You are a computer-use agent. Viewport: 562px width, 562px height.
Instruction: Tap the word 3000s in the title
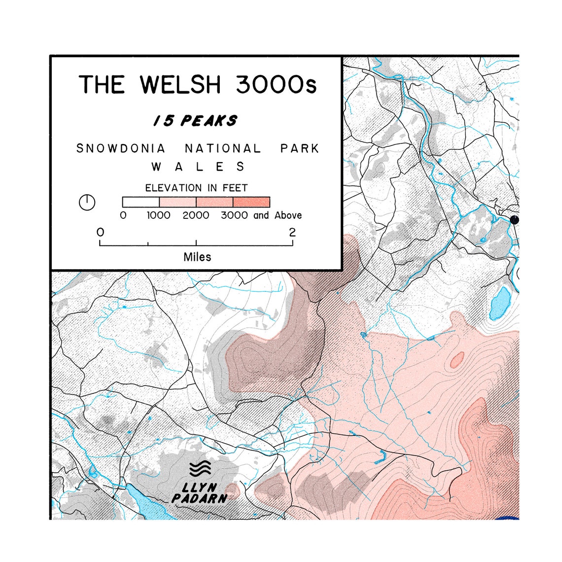pyautogui.click(x=276, y=84)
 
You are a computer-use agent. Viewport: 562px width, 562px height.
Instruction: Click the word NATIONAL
pyautogui.click(x=223, y=148)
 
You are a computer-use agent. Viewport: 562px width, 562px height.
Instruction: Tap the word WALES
pyautogui.click(x=198, y=167)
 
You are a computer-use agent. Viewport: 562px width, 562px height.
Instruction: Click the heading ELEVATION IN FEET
pyautogui.click(x=196, y=188)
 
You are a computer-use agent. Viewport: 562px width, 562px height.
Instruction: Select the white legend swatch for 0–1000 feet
pyautogui.click(x=140, y=202)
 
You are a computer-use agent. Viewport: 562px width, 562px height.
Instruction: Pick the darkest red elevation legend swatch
pyautogui.click(x=251, y=202)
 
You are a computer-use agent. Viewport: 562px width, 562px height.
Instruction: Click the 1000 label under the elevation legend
pyautogui.click(x=159, y=215)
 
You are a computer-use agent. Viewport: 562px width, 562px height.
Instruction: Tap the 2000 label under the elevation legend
pyautogui.click(x=196, y=215)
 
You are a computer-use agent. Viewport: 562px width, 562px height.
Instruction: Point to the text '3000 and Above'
pyautogui.click(x=261, y=215)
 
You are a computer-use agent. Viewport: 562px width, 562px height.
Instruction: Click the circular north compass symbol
pyautogui.click(x=87, y=202)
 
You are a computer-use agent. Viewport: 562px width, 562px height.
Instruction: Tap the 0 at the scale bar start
pyautogui.click(x=101, y=232)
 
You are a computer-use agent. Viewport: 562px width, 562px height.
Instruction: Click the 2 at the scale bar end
pyautogui.click(x=292, y=232)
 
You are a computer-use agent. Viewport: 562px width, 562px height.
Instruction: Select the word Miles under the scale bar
pyautogui.click(x=197, y=257)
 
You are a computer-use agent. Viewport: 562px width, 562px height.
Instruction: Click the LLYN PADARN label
pyautogui.click(x=200, y=493)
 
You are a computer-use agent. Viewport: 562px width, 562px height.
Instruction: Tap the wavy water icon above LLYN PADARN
pyautogui.click(x=200, y=469)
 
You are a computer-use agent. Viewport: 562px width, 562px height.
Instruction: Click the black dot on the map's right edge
pyautogui.click(x=515, y=220)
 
